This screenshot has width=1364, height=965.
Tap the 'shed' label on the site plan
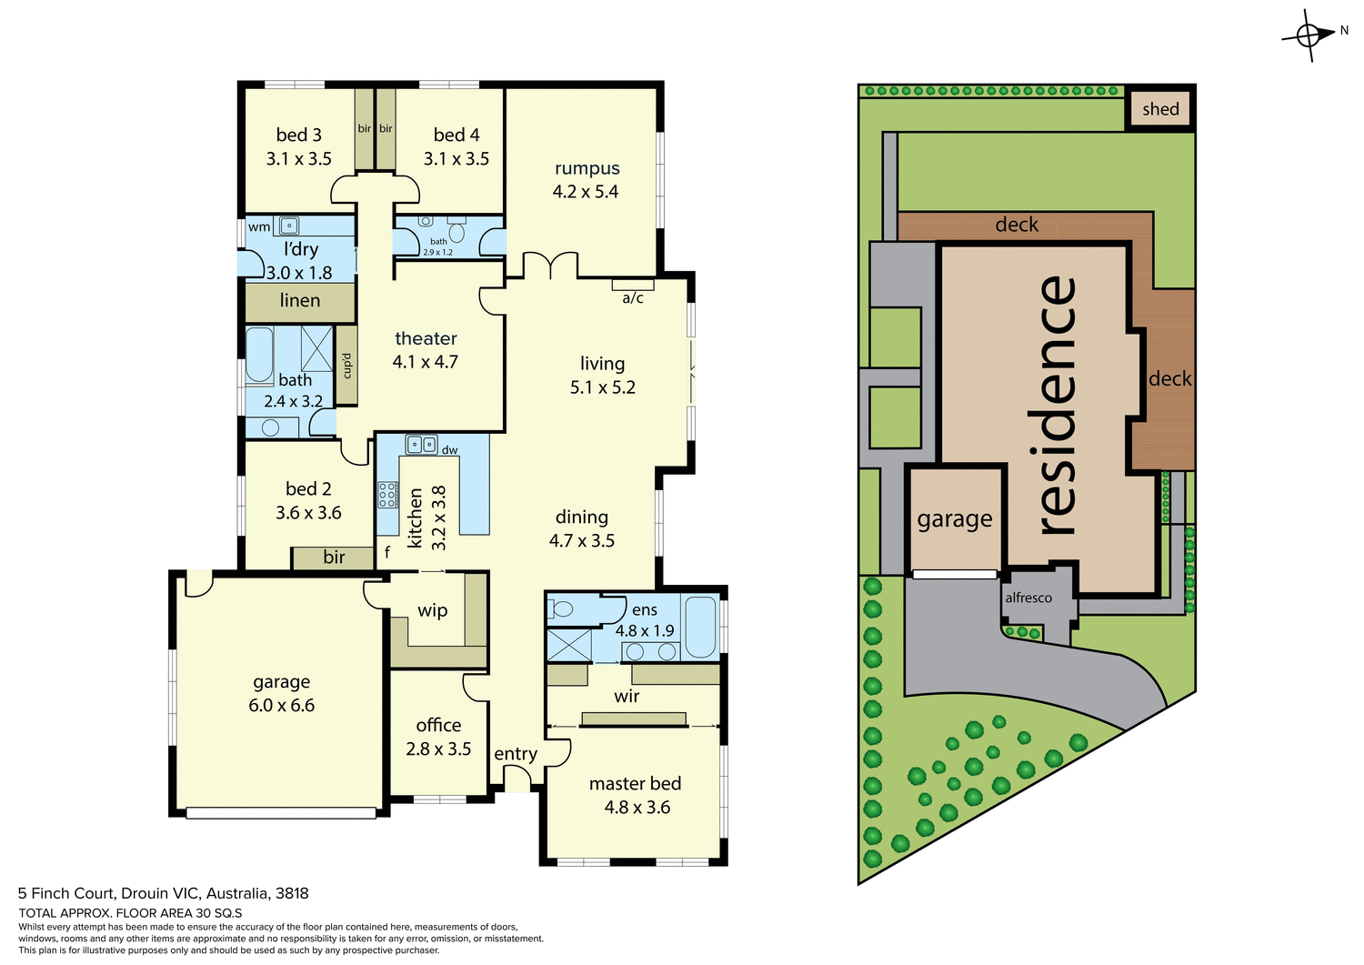coord(1160,109)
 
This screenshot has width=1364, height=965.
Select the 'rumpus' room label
coord(587,168)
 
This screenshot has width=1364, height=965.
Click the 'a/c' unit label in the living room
coord(633,298)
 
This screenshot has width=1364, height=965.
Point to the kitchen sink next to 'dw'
coord(420,445)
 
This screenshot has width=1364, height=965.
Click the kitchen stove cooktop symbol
coord(387,495)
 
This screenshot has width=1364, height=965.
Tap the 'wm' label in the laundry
coord(259,226)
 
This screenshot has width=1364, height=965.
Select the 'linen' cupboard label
coord(299,300)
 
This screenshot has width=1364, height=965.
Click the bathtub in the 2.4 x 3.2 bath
coord(259,354)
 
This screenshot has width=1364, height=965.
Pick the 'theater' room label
coord(426,338)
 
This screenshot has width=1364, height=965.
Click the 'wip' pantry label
coord(432,610)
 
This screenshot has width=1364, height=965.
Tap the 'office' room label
coord(438,725)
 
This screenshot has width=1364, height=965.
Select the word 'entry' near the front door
coord(516,754)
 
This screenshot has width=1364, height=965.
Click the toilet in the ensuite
coord(560,609)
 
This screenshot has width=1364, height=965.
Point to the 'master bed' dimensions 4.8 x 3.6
coord(637,808)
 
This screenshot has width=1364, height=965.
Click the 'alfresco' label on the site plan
coord(1028,598)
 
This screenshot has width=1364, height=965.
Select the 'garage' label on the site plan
coord(954,519)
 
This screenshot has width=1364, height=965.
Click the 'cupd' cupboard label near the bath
coord(346,366)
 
